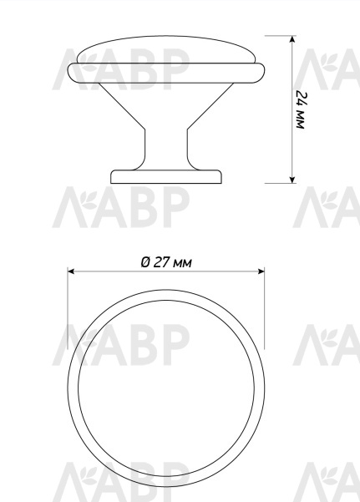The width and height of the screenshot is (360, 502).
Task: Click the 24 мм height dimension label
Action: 301,110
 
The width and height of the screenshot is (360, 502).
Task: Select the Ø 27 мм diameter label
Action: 166,262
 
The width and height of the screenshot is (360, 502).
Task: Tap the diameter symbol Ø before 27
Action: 145,262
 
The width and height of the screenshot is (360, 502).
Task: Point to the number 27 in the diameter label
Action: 161,262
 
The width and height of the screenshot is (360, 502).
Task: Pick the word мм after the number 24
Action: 300,119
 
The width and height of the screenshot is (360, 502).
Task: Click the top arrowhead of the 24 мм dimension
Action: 292,39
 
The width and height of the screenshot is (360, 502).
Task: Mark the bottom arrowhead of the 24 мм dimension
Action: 292,180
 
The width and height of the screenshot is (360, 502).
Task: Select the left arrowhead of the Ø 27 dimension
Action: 71,271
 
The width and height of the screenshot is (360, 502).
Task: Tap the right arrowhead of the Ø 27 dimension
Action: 261,271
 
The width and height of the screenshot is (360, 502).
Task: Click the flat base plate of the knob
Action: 166,177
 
